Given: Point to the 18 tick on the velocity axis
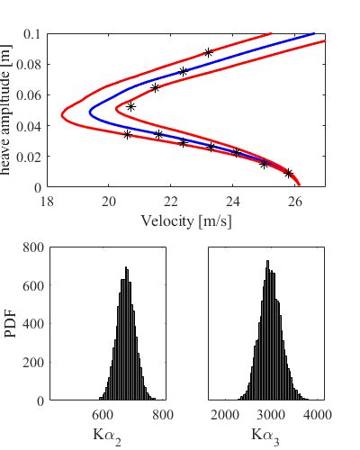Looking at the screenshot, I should pos(47,202).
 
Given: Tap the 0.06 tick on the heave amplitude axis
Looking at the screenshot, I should pos(30,95).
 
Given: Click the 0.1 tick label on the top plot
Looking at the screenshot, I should pos(33,34).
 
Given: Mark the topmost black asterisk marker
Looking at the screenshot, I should pos(208,53).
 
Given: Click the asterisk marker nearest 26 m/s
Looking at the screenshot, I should pos(288,173).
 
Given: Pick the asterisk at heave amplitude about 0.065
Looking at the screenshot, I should pos(155,88).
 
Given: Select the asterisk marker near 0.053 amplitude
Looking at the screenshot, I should pos(130,106).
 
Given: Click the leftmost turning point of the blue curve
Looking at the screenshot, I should pos(89,112).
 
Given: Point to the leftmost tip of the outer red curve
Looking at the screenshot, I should pos(61,115).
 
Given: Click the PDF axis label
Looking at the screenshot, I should pos(10,324).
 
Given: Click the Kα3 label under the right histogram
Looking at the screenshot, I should pos(266,435).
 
